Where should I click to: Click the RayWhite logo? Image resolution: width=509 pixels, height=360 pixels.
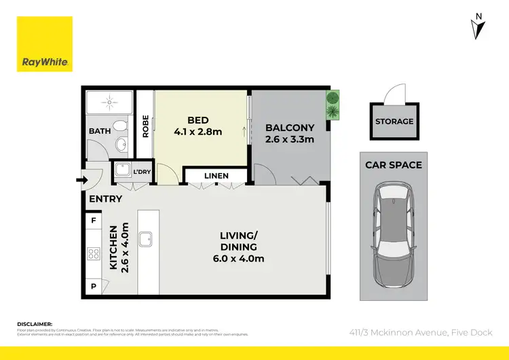click(x=45, y=44)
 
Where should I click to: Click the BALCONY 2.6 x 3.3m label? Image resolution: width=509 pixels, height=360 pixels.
click(x=290, y=133)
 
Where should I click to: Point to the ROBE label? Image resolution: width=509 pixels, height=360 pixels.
click(x=145, y=126)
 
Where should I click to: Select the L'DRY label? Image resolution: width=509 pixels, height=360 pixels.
click(x=142, y=172)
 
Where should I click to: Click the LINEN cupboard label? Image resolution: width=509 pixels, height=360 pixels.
click(x=216, y=176)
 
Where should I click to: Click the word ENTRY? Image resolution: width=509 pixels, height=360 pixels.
click(x=106, y=199)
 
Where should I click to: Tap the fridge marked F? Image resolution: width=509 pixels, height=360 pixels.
click(x=94, y=221)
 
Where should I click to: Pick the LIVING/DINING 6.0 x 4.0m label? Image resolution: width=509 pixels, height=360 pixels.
click(x=242, y=247)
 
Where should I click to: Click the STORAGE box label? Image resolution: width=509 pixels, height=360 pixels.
click(x=394, y=122)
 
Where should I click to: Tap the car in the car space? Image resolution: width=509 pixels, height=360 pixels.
click(x=394, y=234)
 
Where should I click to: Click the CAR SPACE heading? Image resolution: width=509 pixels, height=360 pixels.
click(x=394, y=165)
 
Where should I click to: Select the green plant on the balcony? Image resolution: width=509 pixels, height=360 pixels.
click(x=333, y=105)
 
